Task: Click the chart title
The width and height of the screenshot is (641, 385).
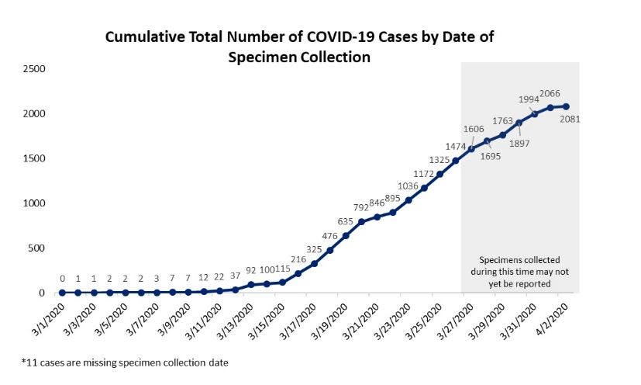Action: (299, 47)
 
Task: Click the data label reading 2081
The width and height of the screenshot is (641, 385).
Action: (570, 120)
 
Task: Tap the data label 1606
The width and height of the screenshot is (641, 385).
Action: (474, 129)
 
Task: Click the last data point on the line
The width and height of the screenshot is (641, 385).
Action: (566, 106)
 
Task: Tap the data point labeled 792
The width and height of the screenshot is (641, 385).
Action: (361, 222)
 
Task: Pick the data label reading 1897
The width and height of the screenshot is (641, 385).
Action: (519, 142)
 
